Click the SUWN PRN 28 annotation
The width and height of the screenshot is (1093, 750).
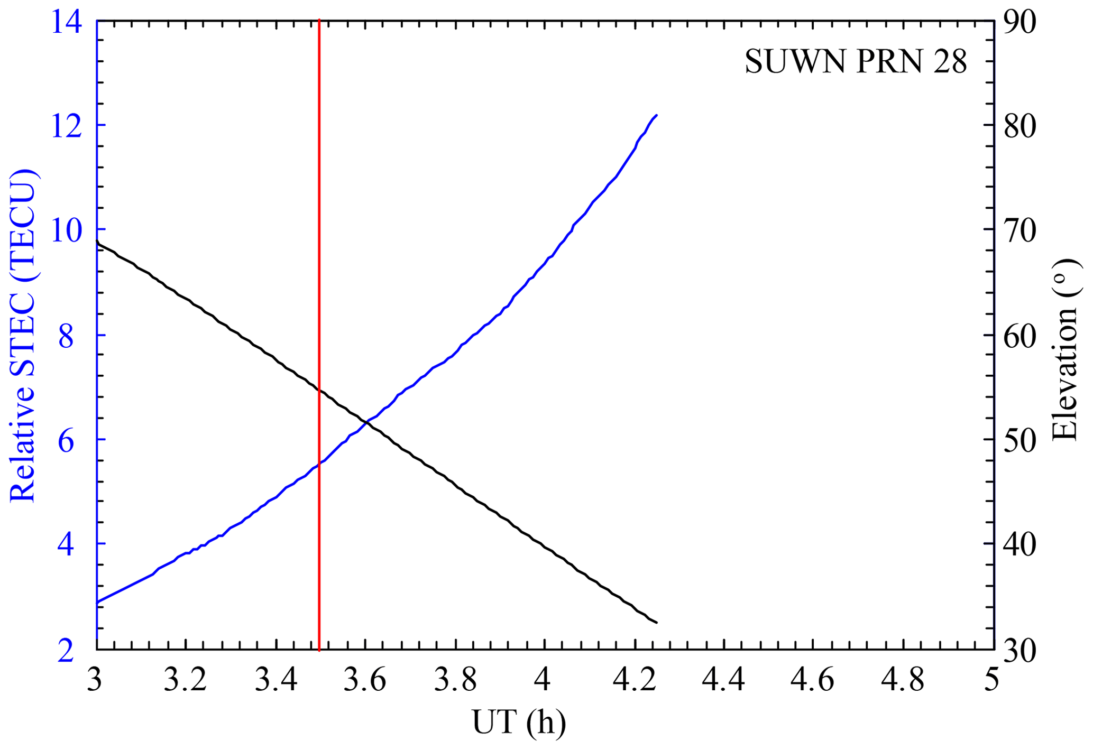856,62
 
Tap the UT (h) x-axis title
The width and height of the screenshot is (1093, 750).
519,722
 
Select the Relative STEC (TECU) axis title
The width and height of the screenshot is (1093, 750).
23,336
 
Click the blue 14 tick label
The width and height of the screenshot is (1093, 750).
67,23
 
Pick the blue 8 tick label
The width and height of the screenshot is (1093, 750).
67,337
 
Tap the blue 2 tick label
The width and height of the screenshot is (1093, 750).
67,651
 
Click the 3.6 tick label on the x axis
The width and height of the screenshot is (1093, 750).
365,680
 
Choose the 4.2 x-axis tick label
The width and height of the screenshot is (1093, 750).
635,680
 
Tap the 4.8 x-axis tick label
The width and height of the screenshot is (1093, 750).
903,680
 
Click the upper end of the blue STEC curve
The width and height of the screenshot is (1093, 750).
656,115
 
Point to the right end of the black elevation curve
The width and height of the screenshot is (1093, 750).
656,623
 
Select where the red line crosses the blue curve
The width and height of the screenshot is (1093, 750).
319,464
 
